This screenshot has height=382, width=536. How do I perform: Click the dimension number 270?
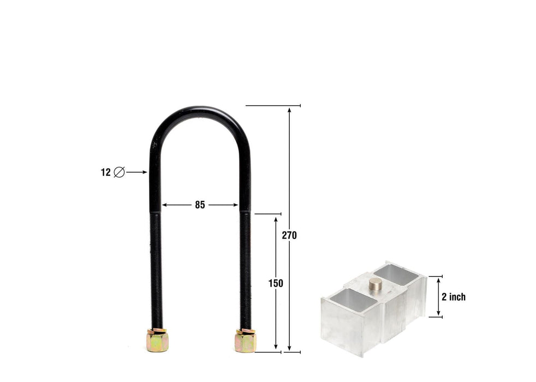tap(289, 235)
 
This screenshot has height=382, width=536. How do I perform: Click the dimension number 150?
tap(276, 283)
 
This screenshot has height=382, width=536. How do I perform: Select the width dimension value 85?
tap(200, 205)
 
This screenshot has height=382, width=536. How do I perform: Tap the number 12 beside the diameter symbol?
tap(105, 172)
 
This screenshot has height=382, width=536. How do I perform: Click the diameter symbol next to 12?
tap(118, 172)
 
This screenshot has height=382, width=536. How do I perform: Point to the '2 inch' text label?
tap(454, 297)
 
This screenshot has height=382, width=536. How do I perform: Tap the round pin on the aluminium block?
tap(376, 284)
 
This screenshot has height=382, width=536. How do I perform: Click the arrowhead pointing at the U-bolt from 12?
tap(145, 172)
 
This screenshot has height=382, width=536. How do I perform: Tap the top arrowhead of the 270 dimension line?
tap(290, 109)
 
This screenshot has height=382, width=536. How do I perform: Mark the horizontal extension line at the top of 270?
tap(273, 105)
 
